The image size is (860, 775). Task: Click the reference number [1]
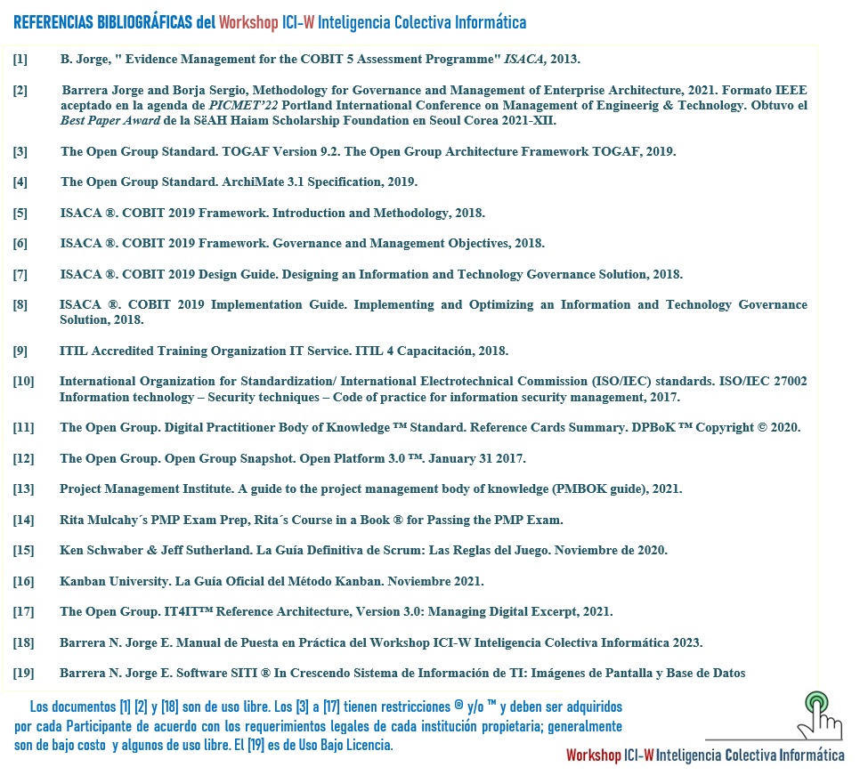pyautogui.click(x=20, y=60)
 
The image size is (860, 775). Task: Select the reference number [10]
pyautogui.click(x=23, y=382)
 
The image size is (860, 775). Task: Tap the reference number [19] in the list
pyautogui.click(x=23, y=673)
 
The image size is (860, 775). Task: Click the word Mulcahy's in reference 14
pyautogui.click(x=118, y=520)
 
